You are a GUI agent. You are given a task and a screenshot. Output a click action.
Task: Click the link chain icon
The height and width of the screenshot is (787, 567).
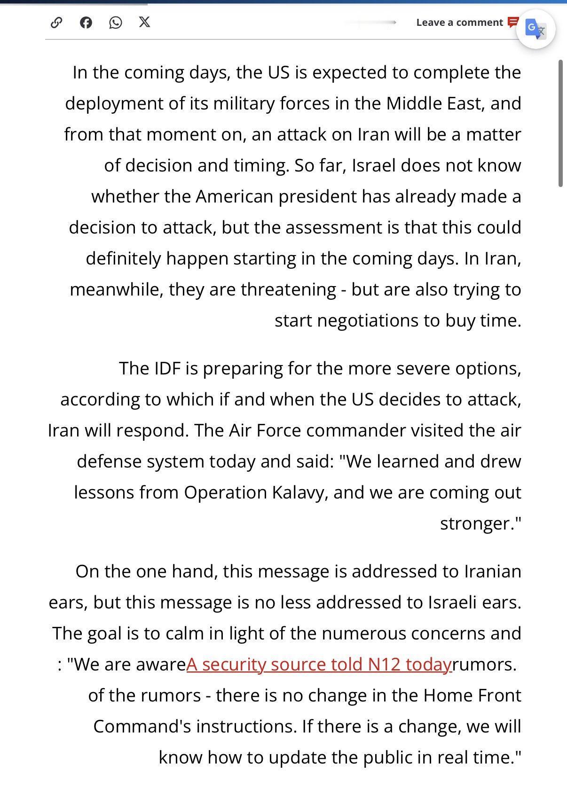point(56,23)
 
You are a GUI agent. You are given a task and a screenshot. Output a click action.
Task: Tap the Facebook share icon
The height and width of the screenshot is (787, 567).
point(86,23)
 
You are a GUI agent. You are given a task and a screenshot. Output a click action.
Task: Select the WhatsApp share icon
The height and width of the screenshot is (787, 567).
point(115,23)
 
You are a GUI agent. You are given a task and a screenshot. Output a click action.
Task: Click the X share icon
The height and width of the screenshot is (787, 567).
point(145,22)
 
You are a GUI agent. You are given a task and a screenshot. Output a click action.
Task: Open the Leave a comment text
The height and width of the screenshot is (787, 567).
point(459,23)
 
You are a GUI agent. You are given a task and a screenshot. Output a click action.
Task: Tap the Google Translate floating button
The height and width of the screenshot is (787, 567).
point(535,29)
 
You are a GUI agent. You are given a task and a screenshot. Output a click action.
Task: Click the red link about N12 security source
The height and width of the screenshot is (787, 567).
point(319,664)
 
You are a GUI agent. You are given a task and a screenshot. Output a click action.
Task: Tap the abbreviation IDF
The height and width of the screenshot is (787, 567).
point(167,368)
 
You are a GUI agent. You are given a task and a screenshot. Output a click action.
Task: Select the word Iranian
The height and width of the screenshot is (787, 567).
point(492,571)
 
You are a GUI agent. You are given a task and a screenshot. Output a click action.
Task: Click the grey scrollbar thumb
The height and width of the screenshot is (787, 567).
point(560,124)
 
